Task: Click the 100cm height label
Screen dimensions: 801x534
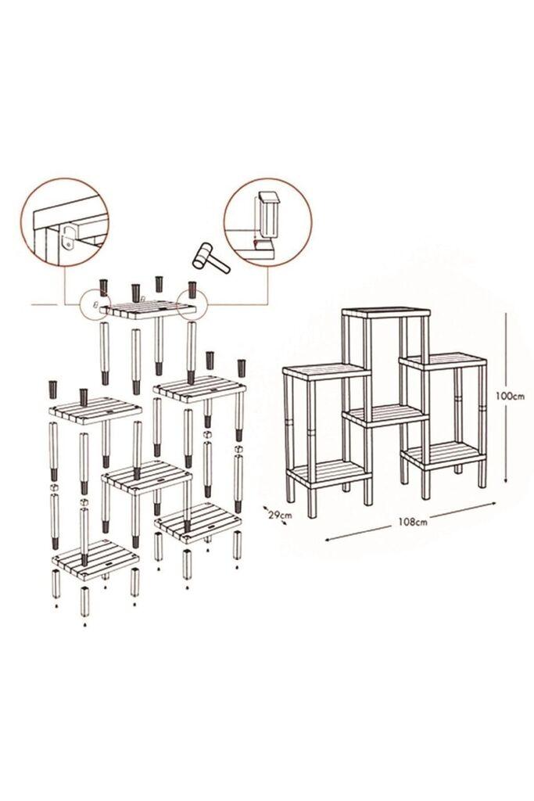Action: pos(510,396)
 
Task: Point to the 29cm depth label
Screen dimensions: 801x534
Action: pos(280,515)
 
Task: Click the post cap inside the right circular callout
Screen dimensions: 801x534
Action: pos(269,211)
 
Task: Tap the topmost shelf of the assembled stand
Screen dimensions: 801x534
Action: pos(386,314)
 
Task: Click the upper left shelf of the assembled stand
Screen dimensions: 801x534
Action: pos(325,372)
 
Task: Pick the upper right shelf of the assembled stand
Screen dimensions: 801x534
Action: pos(441,361)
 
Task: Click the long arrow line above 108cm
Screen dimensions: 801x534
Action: pos(410,512)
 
